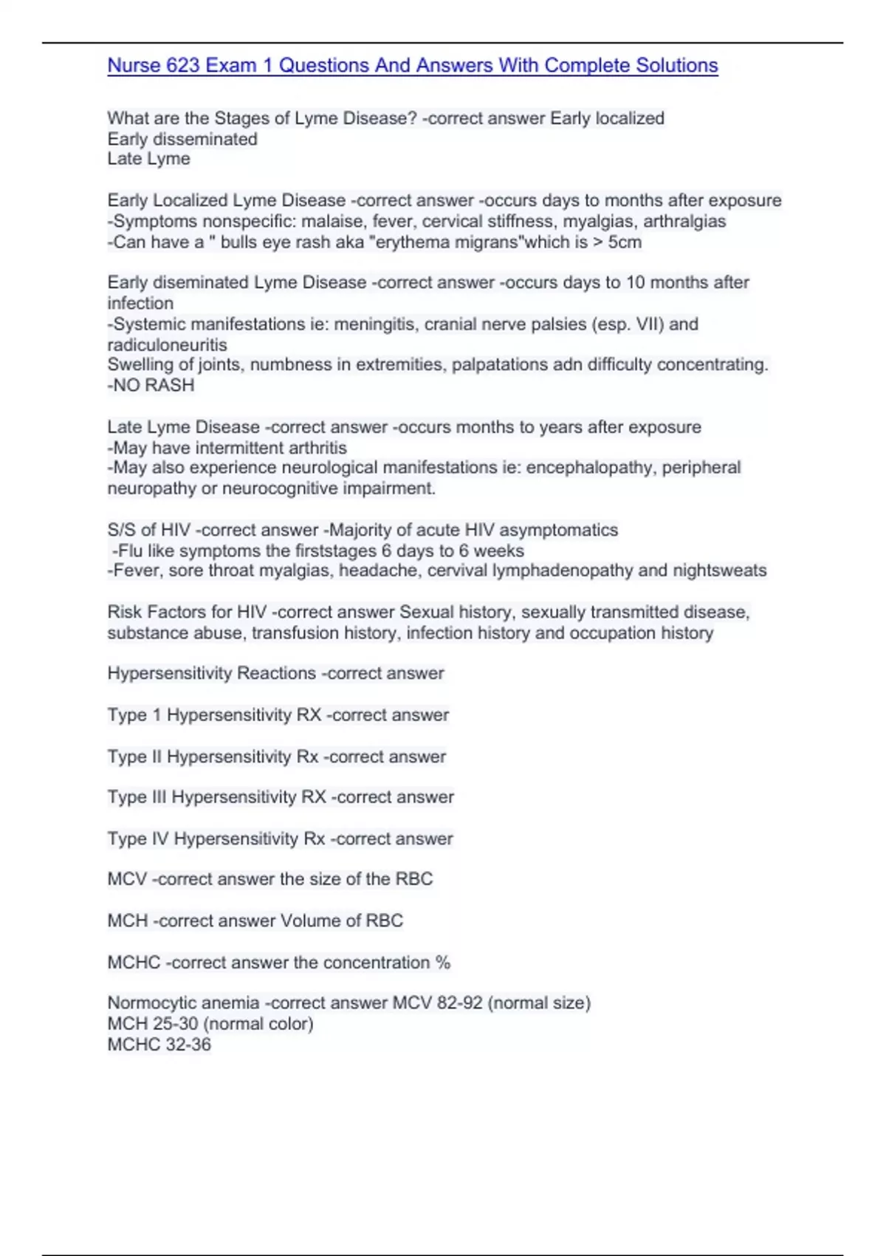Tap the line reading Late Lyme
tap(148, 159)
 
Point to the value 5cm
tap(625, 242)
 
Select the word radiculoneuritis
tap(167, 344)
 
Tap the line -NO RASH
tap(151, 385)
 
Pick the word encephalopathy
tap(589, 468)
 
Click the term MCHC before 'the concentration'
tap(134, 963)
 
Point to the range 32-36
tap(190, 1045)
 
